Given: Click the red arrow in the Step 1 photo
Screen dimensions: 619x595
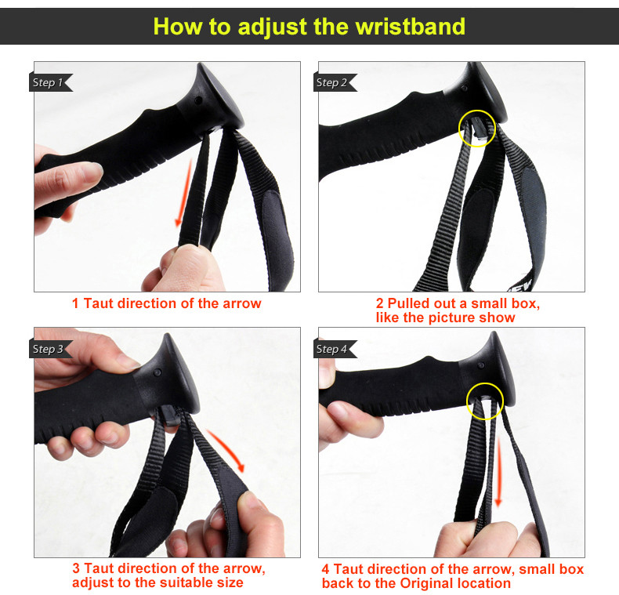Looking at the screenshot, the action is pyautogui.click(x=185, y=193).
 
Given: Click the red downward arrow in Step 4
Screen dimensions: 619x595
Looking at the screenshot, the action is pyautogui.click(x=498, y=471).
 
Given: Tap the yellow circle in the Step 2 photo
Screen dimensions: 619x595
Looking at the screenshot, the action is pyautogui.click(x=458, y=129).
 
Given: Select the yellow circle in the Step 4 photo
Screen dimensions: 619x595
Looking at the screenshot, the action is pyautogui.click(x=467, y=401).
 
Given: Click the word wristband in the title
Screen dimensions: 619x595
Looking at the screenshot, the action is pyautogui.click(x=410, y=27).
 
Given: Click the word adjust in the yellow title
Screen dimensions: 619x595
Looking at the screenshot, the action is pyautogui.click(x=273, y=27).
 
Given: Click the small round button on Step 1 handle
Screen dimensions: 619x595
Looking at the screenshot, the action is pyautogui.click(x=198, y=101).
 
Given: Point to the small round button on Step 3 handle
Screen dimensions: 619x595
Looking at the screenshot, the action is pyautogui.click(x=157, y=372).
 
